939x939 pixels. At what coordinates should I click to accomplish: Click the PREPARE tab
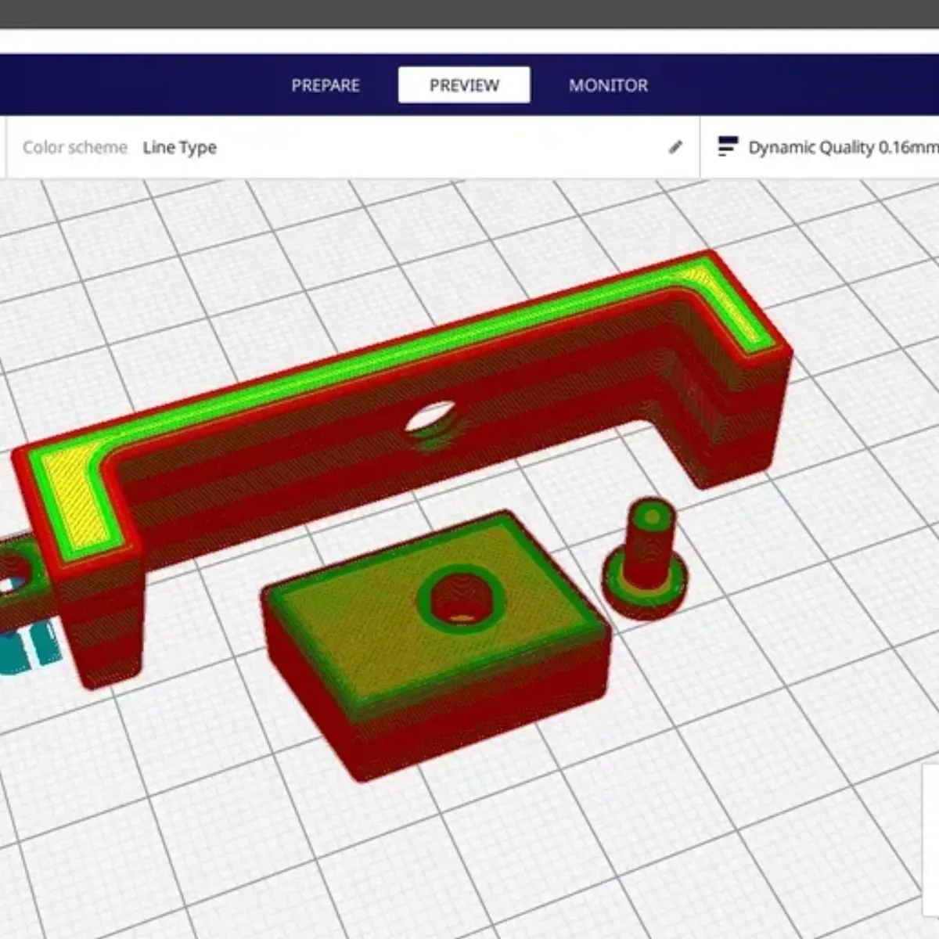pyautogui.click(x=326, y=85)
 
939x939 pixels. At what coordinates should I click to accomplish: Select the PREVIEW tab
pyautogui.click(x=464, y=85)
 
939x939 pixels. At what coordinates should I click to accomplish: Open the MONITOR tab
pyautogui.click(x=608, y=85)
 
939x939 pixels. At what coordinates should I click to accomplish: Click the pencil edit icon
pyautogui.click(x=675, y=146)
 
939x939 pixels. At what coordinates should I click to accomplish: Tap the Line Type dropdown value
pyautogui.click(x=179, y=147)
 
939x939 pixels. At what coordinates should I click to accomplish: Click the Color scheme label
pyautogui.click(x=75, y=147)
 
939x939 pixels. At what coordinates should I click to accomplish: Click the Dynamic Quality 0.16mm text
pyautogui.click(x=844, y=147)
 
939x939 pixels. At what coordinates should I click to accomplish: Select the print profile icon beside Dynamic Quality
pyautogui.click(x=728, y=146)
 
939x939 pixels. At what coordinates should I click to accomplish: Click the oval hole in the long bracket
pyautogui.click(x=431, y=416)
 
